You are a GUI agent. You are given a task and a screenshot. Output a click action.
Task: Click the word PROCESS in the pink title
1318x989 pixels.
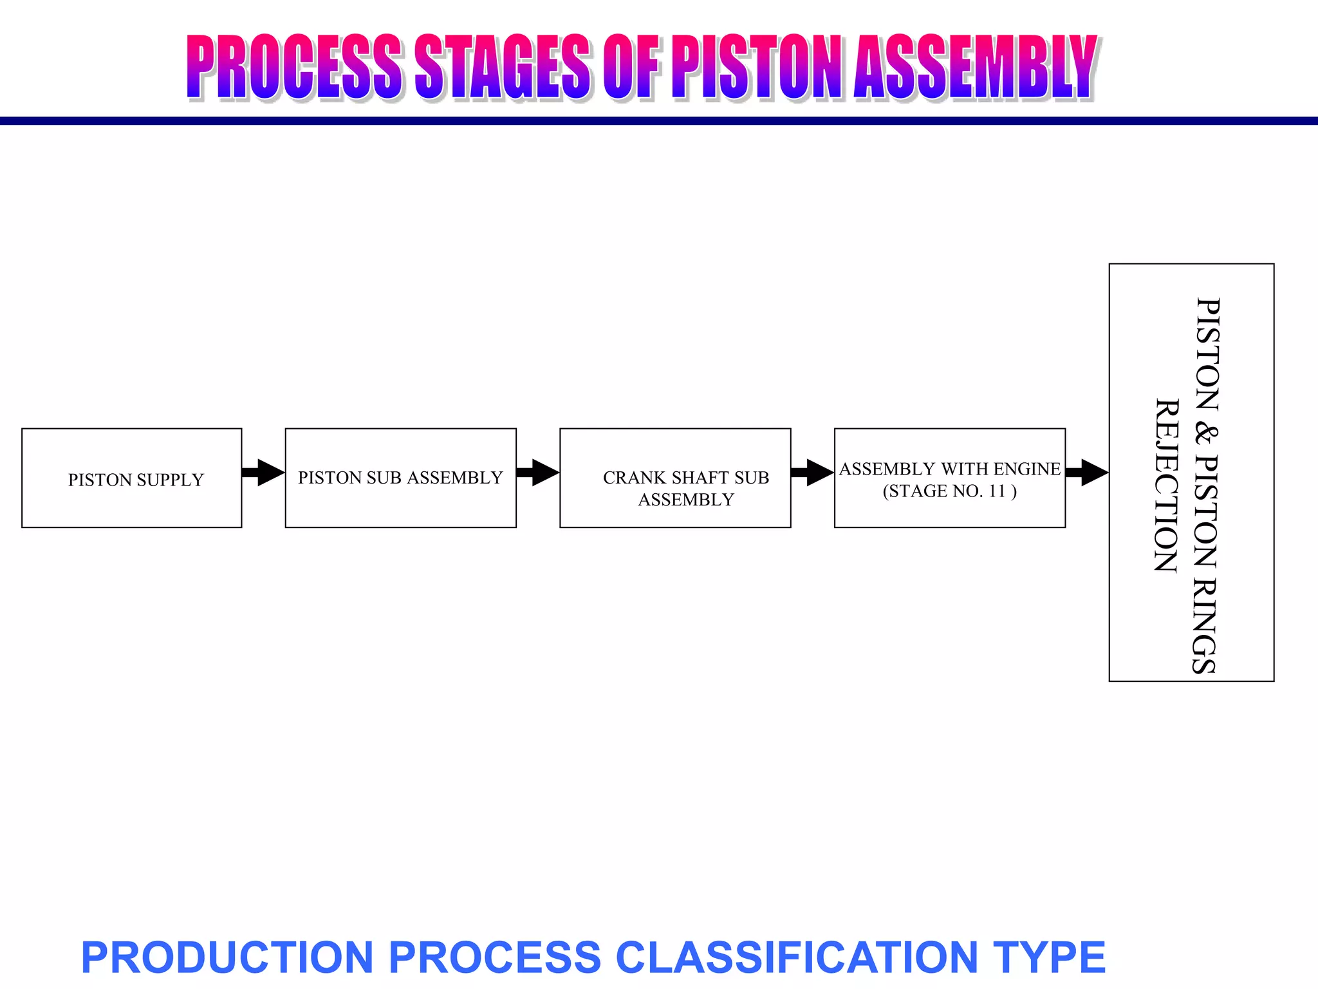[x=293, y=68]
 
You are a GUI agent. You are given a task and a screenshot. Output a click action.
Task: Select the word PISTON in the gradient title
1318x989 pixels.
[x=756, y=68]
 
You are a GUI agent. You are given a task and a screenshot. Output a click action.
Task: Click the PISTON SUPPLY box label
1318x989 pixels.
[x=136, y=480]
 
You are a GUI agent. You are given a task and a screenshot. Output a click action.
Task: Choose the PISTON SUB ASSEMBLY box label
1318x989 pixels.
[x=400, y=478]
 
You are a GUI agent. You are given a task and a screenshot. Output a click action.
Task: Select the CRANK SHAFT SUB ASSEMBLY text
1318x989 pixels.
[x=686, y=488]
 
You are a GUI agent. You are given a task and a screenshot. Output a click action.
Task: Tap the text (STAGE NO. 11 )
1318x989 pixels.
[x=949, y=491]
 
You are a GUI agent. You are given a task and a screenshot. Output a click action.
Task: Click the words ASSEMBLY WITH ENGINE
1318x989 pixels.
[x=949, y=469]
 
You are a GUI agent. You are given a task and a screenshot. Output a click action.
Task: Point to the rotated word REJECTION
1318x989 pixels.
[x=1166, y=486]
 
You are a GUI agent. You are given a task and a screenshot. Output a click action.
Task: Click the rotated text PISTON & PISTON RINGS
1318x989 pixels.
[x=1206, y=486]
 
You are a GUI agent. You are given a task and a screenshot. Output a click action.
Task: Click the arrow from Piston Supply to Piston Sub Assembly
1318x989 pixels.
[x=264, y=473]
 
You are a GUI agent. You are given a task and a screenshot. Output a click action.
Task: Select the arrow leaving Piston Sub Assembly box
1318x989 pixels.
[x=538, y=473]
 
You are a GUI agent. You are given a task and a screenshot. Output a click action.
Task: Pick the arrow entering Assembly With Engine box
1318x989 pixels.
[x=813, y=473]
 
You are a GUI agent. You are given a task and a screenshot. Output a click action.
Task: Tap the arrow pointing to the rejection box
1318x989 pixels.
[x=1087, y=473]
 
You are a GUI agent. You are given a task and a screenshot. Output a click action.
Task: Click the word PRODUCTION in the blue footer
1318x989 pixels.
[x=227, y=957]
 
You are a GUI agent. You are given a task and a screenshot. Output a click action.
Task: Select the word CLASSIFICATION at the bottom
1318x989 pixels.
[x=797, y=957]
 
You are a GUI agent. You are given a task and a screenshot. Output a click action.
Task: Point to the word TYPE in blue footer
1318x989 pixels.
[x=1049, y=957]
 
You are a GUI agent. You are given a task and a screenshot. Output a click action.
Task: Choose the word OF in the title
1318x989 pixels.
[x=632, y=68]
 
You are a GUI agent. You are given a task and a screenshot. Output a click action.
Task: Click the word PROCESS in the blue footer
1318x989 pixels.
[x=494, y=957]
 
